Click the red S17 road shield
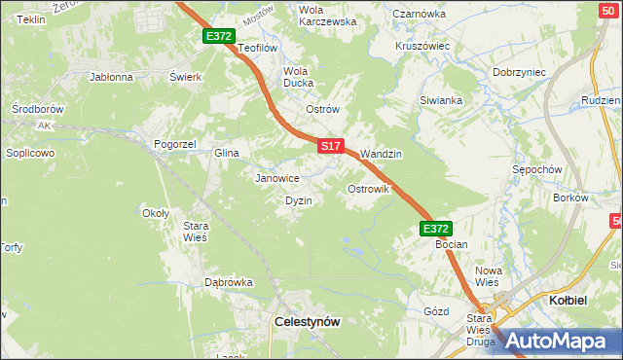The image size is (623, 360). [331, 146]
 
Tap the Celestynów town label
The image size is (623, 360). [307, 320]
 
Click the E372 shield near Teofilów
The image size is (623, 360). [219, 36]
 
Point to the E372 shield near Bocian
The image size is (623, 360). [435, 229]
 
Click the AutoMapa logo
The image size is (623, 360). [558, 341]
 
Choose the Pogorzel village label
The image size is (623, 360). [175, 144]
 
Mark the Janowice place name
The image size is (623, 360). [276, 179]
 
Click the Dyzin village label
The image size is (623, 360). [298, 200]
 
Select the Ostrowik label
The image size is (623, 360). [369, 189]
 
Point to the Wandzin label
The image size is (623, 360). [381, 154]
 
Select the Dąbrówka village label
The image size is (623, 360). [228, 282]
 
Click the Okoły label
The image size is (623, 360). [156, 213]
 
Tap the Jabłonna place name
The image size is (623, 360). [110, 76]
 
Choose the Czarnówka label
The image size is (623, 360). [419, 14]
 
